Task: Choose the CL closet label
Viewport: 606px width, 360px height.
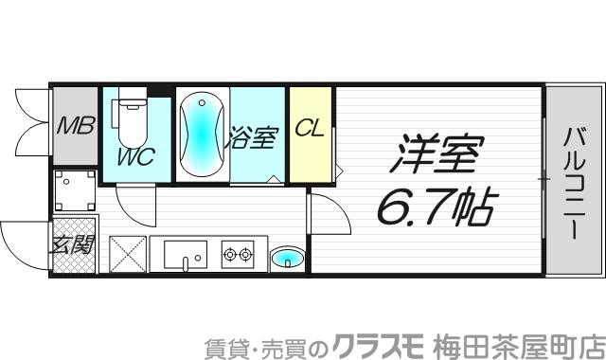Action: click(x=309, y=128)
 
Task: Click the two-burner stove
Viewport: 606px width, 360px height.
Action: click(x=239, y=254)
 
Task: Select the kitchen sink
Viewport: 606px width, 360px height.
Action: click(x=184, y=254)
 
